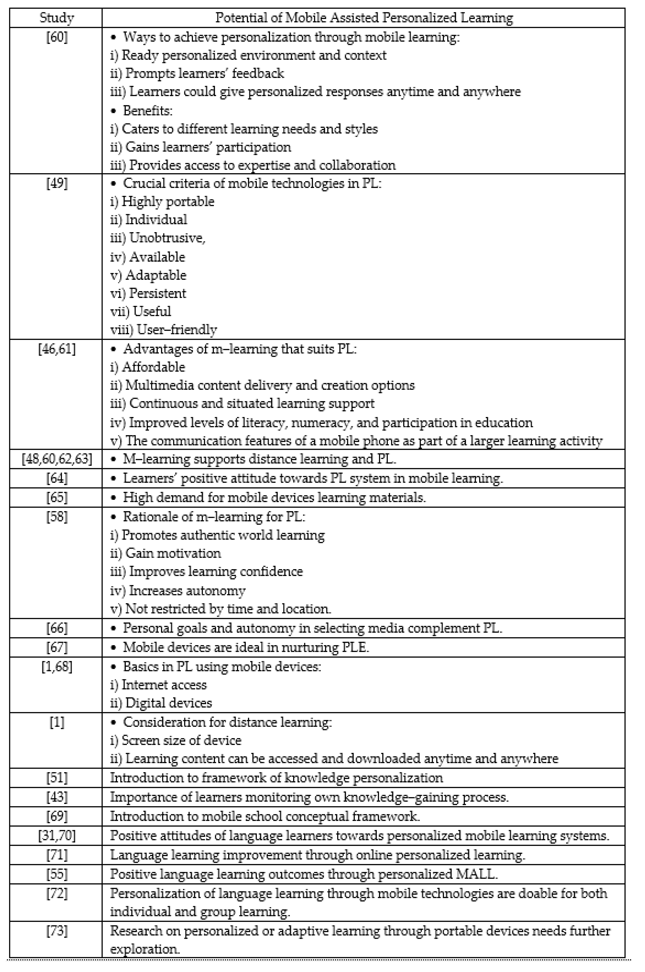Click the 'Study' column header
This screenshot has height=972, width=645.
point(57,18)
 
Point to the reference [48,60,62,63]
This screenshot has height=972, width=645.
point(57,458)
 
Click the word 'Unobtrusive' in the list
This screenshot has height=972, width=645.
point(167,238)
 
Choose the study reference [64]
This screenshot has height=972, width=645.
point(57,478)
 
